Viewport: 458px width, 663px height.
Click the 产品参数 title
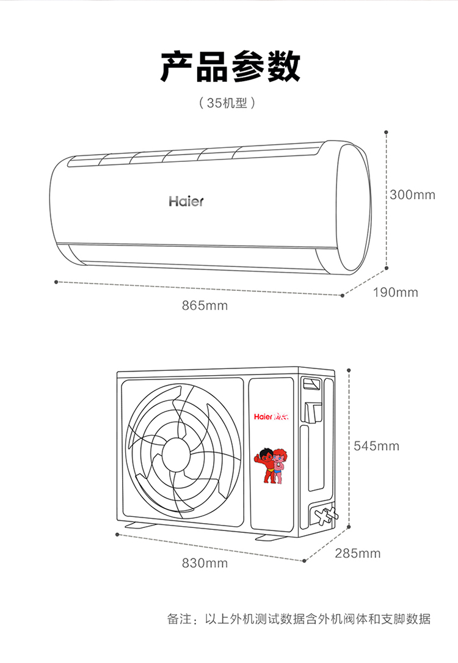click(x=230, y=67)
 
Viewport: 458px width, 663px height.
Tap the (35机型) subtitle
click(x=227, y=103)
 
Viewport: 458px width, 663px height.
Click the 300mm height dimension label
click(x=412, y=195)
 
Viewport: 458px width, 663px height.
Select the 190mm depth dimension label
click(x=396, y=292)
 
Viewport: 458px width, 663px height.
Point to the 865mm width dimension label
click(x=205, y=306)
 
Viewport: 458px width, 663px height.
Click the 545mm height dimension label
click(x=376, y=445)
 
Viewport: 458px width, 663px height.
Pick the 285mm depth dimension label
click(x=358, y=553)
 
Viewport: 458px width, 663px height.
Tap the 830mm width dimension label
click(x=205, y=563)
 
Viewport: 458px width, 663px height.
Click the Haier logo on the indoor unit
click(x=186, y=201)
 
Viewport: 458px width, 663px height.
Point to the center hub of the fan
click(x=176, y=453)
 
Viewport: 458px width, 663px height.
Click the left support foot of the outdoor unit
click(x=140, y=525)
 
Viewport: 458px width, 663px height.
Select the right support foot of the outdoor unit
click(x=271, y=537)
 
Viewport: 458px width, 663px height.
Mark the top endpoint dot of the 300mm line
click(x=386, y=133)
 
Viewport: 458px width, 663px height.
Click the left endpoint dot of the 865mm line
click(x=56, y=282)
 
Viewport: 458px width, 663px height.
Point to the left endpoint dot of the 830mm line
click(x=117, y=535)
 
